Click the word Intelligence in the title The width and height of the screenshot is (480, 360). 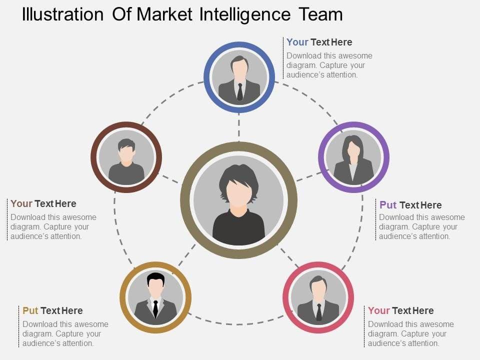click(244, 14)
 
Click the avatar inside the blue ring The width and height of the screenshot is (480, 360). click(239, 77)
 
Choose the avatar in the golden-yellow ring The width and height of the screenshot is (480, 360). click(155, 297)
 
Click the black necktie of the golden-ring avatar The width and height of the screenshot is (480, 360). click(155, 308)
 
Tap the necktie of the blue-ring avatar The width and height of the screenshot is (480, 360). click(240, 91)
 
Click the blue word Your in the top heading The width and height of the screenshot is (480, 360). click(297, 42)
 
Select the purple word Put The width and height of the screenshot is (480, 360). click(388, 205)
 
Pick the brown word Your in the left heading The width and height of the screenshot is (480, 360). click(21, 203)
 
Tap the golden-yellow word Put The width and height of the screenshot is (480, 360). click(30, 310)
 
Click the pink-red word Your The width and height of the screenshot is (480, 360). click(378, 310)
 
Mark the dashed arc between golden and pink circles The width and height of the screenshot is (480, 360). click(235, 323)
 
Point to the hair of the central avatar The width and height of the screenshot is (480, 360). click(239, 173)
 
